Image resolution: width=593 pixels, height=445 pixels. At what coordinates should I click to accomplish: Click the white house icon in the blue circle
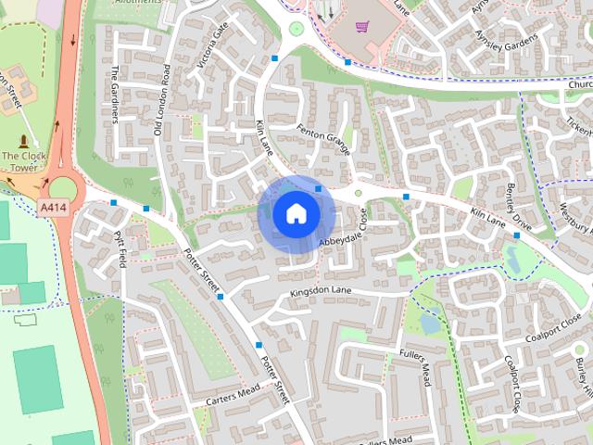(x=296, y=213)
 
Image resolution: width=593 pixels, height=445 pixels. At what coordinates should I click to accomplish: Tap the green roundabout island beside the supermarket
(x=296, y=29)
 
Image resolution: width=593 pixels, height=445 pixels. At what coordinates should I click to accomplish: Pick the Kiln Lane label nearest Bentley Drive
(x=488, y=217)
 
